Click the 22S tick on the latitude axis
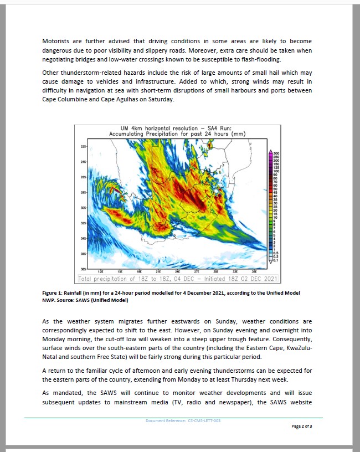(84, 146)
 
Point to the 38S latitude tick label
(84, 269)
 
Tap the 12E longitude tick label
(100, 272)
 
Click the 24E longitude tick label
(177, 272)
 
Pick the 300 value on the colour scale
(276, 153)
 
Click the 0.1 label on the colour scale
(276, 260)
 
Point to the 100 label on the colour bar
(276, 172)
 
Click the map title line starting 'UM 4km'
(177, 128)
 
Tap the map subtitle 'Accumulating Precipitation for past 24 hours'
(177, 134)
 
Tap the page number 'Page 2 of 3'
(301, 427)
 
